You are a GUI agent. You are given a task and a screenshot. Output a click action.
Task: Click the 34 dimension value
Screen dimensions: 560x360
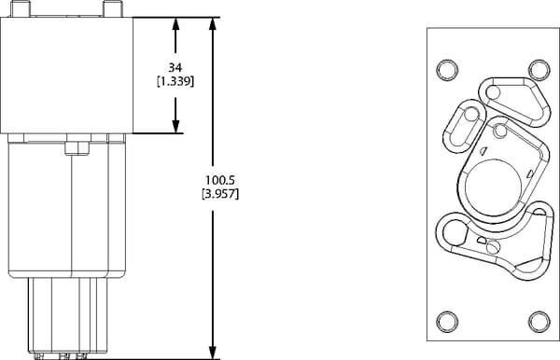click(175, 67)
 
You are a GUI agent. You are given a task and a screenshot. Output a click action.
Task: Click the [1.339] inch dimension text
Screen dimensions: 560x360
click(175, 82)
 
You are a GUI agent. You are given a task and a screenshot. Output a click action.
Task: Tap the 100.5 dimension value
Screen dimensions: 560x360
click(220, 180)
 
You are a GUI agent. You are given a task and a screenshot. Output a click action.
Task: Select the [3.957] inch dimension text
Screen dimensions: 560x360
click(220, 194)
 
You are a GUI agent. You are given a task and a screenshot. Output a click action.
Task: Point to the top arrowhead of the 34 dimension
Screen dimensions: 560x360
click(175, 24)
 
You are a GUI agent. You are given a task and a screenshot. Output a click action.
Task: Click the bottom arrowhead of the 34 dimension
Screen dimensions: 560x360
click(175, 126)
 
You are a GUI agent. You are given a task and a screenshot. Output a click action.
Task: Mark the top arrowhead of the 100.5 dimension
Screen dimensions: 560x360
click(213, 24)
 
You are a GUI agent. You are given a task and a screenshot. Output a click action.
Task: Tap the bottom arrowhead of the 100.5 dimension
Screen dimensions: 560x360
click(213, 353)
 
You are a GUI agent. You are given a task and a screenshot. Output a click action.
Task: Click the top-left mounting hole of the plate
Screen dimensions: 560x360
click(447, 70)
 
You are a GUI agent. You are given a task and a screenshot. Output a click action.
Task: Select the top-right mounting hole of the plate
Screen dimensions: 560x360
click(539, 70)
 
